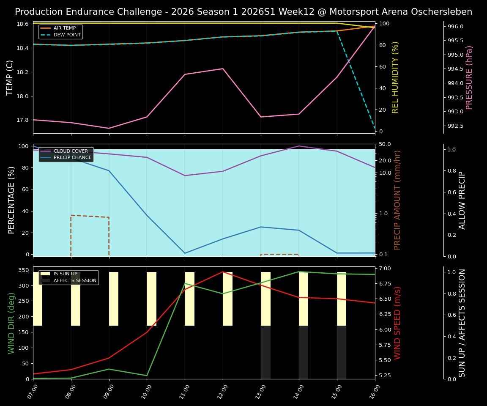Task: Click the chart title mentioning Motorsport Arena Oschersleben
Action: click(x=243, y=12)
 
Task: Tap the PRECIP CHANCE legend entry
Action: click(x=72, y=158)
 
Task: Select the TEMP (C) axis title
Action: click(x=10, y=77)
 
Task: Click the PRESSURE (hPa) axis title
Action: click(x=469, y=77)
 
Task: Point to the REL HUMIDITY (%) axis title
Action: click(x=396, y=77)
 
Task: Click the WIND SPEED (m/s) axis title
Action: click(x=397, y=323)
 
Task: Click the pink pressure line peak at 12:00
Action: click(x=223, y=69)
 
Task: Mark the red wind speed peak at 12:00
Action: click(x=223, y=272)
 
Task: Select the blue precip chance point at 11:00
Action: click(x=185, y=253)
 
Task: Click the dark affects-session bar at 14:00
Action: click(x=304, y=352)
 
